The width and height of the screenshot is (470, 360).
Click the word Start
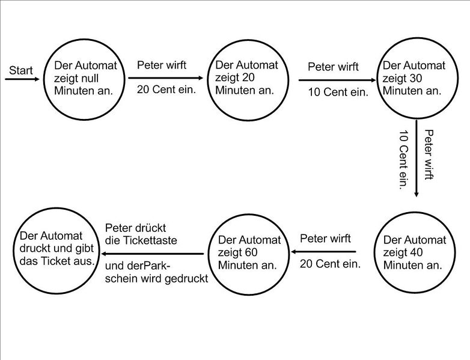pos(21,71)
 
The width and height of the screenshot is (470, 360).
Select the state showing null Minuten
pos(85,79)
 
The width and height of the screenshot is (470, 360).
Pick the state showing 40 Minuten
pos(415,252)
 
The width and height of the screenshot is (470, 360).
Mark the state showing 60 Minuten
pos(249,252)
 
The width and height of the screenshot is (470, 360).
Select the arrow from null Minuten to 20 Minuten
pos(166,78)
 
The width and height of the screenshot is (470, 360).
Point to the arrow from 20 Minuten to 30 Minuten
pos(337,79)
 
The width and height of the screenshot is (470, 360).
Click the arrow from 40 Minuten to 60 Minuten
pos(324,252)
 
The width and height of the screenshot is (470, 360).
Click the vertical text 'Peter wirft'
pos(429,154)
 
